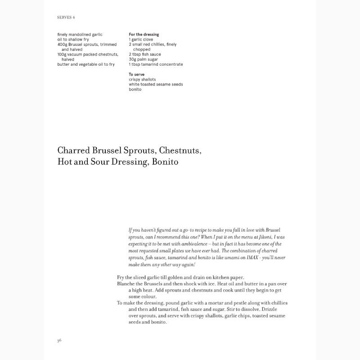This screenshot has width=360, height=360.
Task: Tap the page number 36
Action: coord(59,340)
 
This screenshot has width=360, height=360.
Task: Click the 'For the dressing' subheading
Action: coord(144,35)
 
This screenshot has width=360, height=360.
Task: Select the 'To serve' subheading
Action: coord(136,74)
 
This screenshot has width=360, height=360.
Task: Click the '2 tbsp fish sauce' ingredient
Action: coord(145,54)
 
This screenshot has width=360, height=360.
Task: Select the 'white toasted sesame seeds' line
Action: coord(156,84)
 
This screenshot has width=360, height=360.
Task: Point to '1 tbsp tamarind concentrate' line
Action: coord(156,64)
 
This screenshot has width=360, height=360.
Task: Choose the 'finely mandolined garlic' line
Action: coord(80,35)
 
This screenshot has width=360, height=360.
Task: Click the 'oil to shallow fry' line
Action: coord(73,40)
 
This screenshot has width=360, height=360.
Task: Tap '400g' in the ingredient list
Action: coord(62,45)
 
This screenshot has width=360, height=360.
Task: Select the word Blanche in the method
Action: coord(127,284)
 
